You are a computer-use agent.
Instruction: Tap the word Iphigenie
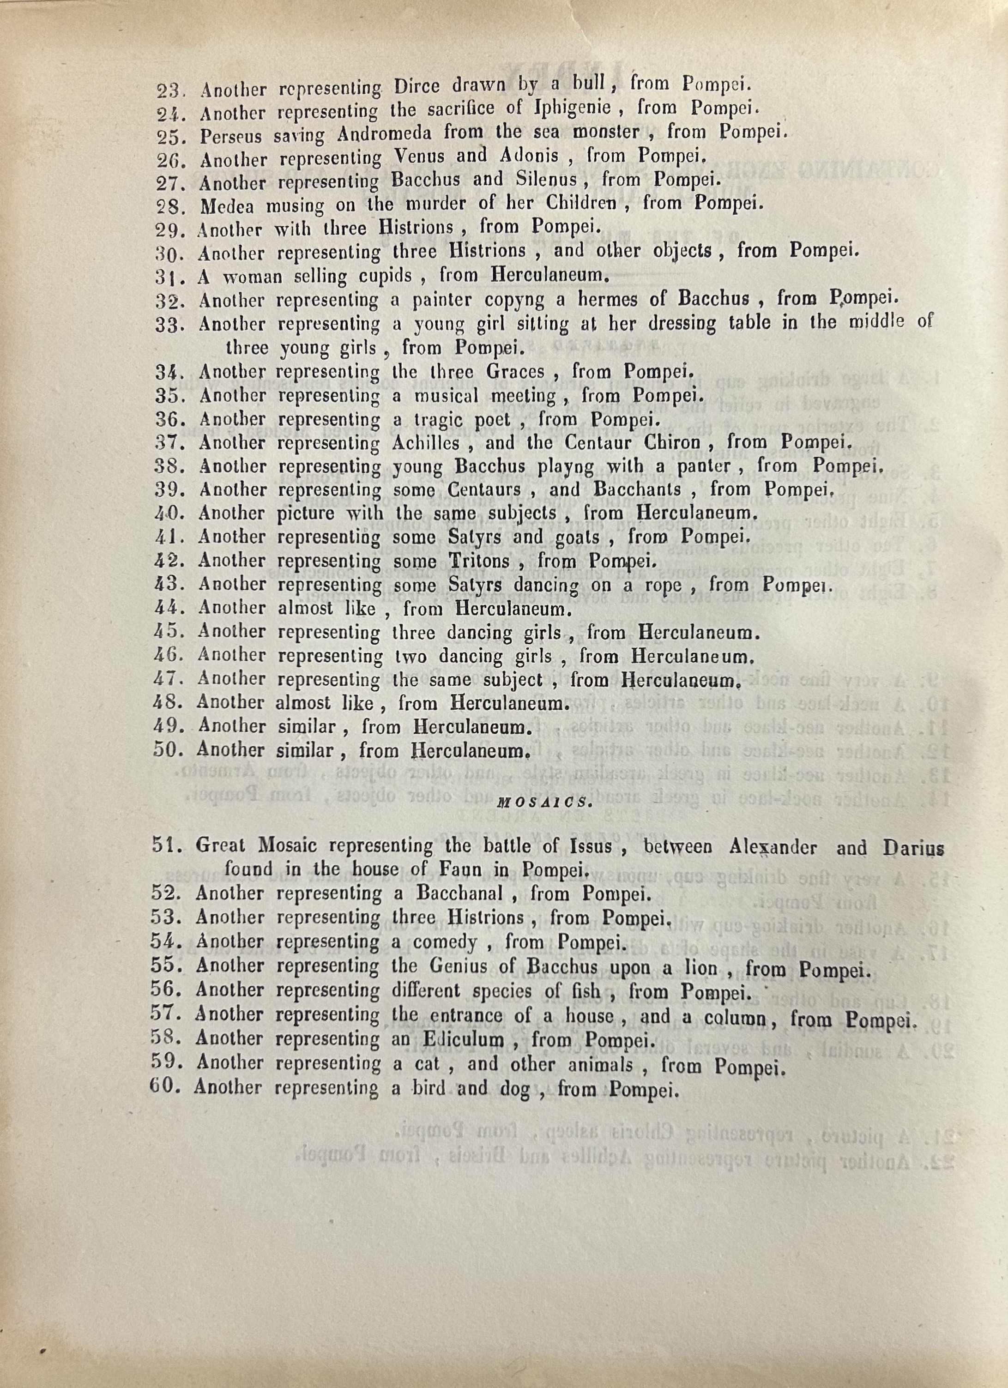click(572, 109)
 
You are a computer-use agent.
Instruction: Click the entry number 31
click(167, 277)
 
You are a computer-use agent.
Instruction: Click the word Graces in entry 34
click(515, 372)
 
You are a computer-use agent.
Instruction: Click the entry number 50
click(165, 750)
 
